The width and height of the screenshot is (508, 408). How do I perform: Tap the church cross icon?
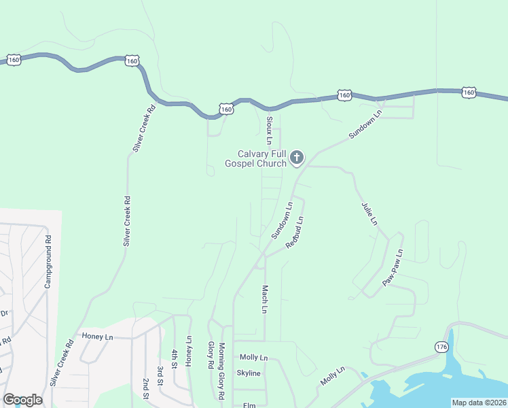pyautogui.click(x=296, y=158)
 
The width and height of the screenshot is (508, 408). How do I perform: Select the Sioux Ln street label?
pyautogui.click(x=270, y=130)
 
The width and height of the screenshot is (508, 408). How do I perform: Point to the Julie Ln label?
pyautogui.click(x=369, y=213)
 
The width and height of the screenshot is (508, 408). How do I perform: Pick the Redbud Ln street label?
pyautogui.click(x=294, y=232)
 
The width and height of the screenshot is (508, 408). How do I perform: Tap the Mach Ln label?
pyautogui.click(x=264, y=299)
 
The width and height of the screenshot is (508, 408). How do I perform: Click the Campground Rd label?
pyautogui.click(x=48, y=261)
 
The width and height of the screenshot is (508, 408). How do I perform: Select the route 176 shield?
pyautogui.click(x=442, y=347)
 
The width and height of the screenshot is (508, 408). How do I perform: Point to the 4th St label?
pyautogui.click(x=175, y=358)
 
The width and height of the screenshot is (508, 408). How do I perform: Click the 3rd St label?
pyautogui.click(x=160, y=375)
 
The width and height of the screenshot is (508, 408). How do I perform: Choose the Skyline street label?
pyautogui.click(x=249, y=373)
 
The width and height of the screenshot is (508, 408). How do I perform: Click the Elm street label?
pyautogui.click(x=249, y=405)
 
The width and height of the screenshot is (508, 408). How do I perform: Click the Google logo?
pyautogui.click(x=22, y=400)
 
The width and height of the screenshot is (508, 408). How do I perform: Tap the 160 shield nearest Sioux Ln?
pyautogui.click(x=226, y=109)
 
